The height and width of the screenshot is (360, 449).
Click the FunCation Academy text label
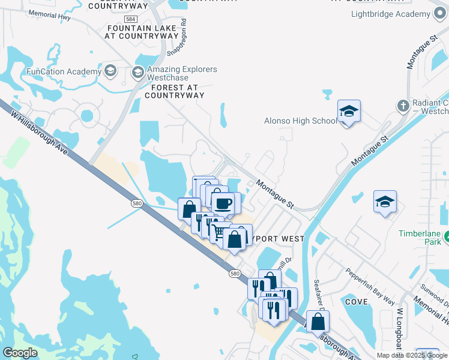[64, 72]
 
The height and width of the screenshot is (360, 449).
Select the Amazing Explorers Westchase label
[180, 74]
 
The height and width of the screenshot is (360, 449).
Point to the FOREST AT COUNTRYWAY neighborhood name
[175, 91]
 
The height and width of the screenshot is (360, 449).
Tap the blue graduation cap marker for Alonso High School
[349, 111]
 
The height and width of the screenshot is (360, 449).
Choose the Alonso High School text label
[301, 121]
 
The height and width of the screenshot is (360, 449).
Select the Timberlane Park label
[423, 237]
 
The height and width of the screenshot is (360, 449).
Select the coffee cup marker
[223, 203]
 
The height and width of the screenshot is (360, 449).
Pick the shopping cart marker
[220, 232]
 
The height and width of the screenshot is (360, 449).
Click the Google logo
[20, 352]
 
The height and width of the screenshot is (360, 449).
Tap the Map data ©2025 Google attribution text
[411, 355]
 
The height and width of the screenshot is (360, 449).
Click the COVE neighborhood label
[357, 302]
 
